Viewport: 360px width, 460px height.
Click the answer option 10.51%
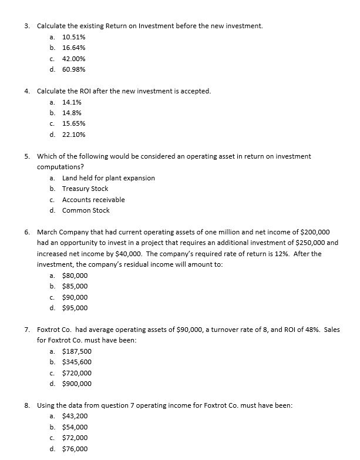pos(74,36)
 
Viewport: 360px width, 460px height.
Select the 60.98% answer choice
pos(74,69)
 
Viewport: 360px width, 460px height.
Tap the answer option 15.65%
pos(74,123)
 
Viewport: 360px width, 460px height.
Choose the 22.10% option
pos(74,135)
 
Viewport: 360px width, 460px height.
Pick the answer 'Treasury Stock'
pos(85,189)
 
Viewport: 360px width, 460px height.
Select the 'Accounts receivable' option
pos(93,200)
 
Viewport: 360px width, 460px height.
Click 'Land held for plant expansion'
pos(109,178)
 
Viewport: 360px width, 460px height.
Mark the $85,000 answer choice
pos(75,286)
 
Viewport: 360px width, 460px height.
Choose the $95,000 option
pos(75,308)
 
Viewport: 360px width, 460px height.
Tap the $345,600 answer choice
pos(77,362)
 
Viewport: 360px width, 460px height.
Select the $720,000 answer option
pos(77,373)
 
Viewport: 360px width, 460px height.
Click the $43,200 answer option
pos(75,417)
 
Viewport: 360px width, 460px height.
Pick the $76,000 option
pos(75,449)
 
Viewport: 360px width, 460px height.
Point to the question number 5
pos(27,156)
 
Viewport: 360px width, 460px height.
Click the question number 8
pos(27,405)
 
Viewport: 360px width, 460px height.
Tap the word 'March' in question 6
pos(47,232)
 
